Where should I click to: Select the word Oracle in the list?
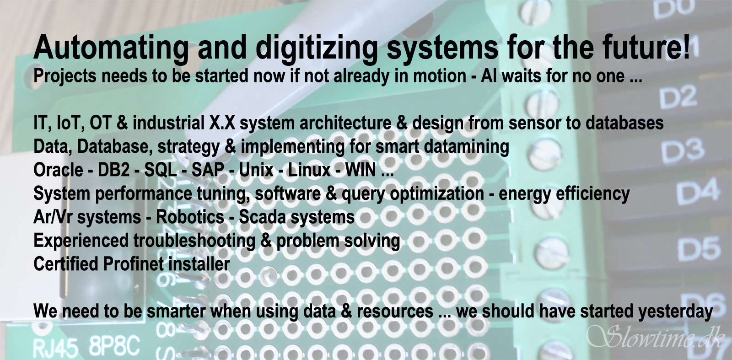pos(58,170)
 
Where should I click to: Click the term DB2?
pos(114,170)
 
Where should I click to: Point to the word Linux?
pos(309,170)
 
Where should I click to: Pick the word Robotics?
pos(190,217)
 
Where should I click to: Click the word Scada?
pos(263,217)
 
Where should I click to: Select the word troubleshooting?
pos(194,241)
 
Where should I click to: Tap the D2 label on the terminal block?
pos(678,97)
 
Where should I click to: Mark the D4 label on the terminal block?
pos(698,191)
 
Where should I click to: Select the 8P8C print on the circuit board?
pos(114,346)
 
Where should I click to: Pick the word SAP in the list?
pos(208,170)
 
